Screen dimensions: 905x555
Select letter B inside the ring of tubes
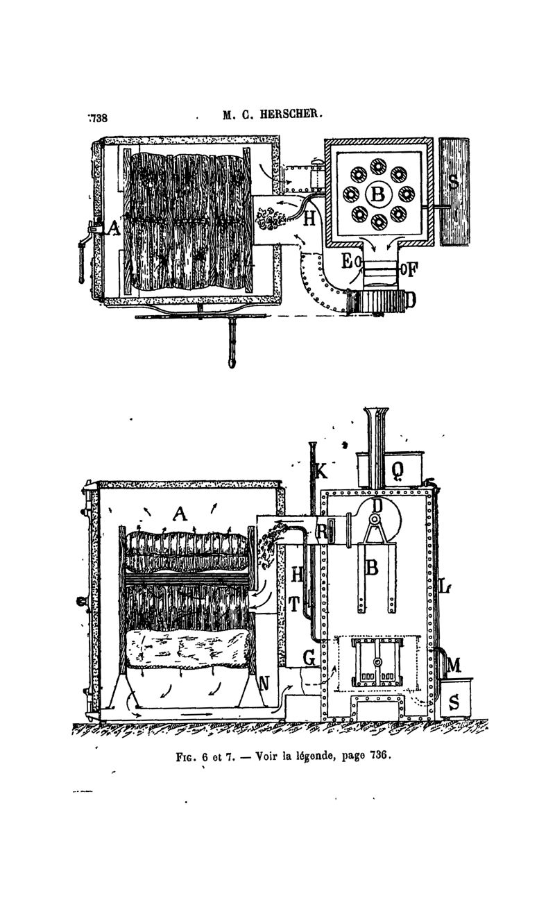click(377, 195)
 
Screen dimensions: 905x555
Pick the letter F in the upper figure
click(411, 268)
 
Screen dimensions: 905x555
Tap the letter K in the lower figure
click(320, 471)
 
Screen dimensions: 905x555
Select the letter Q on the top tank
click(398, 471)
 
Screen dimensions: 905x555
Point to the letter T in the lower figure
click(295, 604)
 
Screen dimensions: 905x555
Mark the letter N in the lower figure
click(264, 683)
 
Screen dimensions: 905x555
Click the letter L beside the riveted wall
click(444, 586)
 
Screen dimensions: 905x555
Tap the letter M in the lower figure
click(454, 665)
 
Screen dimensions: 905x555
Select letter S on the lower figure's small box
click(454, 702)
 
